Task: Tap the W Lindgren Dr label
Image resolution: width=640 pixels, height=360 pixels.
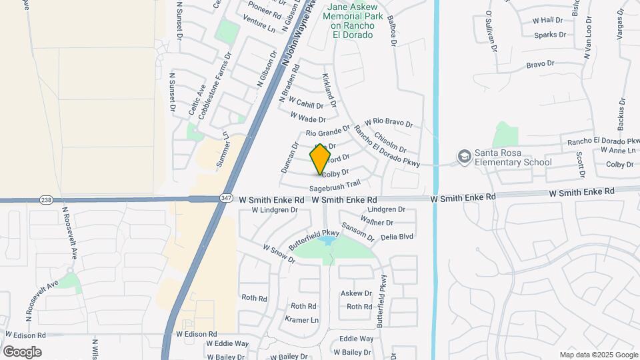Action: click(274, 210)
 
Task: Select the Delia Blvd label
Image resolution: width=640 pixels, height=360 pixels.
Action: click(397, 237)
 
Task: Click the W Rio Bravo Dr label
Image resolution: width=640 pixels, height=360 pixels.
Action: click(389, 124)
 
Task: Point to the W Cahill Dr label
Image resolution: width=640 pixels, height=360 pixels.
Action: click(306, 105)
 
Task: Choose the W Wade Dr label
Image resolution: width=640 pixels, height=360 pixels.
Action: click(308, 118)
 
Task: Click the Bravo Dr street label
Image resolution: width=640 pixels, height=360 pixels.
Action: click(540, 65)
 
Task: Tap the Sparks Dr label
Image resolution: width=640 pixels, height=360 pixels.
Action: click(550, 35)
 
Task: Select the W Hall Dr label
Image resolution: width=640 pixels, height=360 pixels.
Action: click(548, 21)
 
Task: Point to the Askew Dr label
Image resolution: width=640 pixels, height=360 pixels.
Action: click(356, 293)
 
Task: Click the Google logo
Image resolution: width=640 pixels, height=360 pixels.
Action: click(22, 352)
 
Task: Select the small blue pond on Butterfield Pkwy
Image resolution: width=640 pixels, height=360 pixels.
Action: click(326, 239)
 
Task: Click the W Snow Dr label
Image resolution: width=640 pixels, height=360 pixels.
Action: click(279, 253)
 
